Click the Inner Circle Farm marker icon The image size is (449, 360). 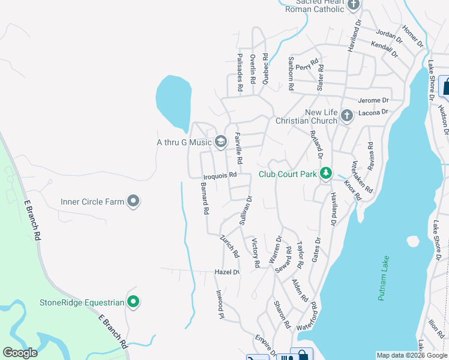click(133, 202)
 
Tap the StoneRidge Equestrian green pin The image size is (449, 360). click(133, 302)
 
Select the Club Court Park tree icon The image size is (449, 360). click(325, 174)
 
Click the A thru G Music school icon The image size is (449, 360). click(221, 142)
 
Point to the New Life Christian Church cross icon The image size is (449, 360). click(346, 116)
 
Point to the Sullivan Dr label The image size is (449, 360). click(246, 210)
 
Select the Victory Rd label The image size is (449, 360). click(255, 253)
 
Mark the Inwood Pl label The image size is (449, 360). click(220, 304)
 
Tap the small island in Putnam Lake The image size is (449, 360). click(412, 241)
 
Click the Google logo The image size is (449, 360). click(20, 353)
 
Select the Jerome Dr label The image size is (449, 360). click(373, 100)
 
